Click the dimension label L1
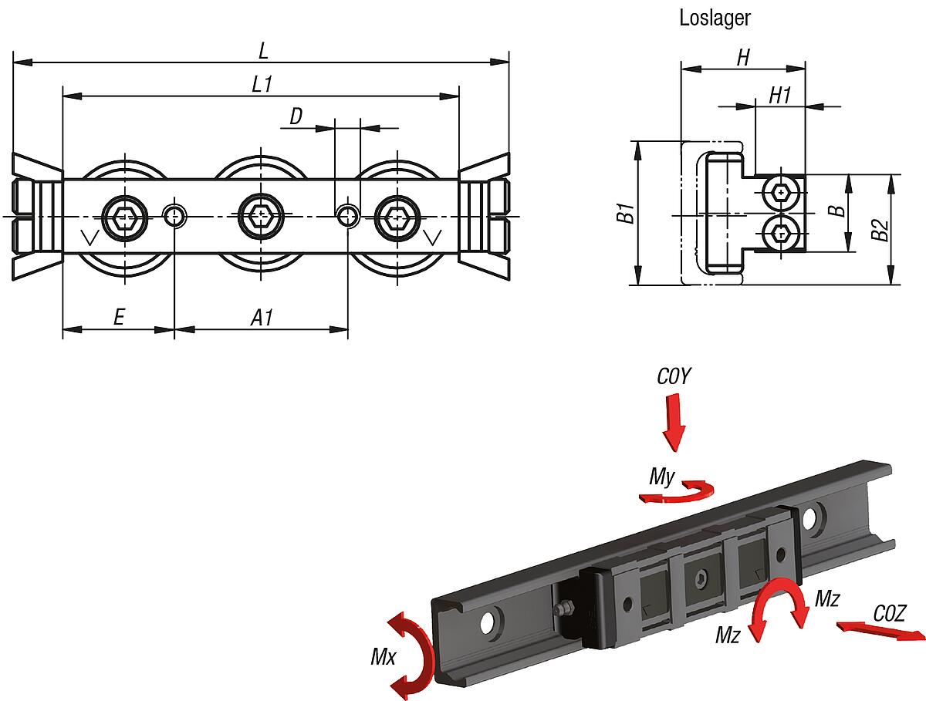coord(262,84)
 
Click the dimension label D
coord(296,116)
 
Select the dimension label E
coord(119,317)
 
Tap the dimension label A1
coord(262,317)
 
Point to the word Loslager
coord(715,19)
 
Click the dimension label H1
coord(781,95)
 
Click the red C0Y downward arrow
coord(674,422)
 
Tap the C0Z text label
coord(890,613)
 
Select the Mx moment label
coord(383,657)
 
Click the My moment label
coord(662,477)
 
